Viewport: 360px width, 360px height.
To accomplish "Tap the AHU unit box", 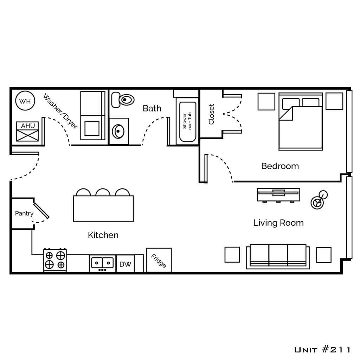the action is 27,132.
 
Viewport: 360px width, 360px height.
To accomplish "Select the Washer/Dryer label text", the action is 60,111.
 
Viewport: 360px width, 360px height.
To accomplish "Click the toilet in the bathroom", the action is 123,100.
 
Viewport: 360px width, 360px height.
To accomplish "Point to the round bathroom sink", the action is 118,131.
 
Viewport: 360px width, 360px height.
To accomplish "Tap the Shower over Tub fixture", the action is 187,121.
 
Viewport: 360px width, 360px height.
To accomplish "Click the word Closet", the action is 211,114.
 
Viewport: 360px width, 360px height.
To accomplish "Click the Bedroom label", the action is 280,166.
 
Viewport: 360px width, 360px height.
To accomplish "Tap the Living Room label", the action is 278,223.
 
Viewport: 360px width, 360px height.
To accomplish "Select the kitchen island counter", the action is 103,208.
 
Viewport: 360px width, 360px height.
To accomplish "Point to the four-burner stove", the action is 55,260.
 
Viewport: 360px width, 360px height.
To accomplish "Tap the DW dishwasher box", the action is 125,264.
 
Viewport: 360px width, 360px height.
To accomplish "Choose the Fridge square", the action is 159,260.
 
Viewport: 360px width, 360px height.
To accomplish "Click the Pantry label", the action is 24,213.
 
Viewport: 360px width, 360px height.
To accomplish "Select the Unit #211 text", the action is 322,349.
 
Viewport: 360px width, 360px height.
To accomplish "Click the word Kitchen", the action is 103,235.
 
